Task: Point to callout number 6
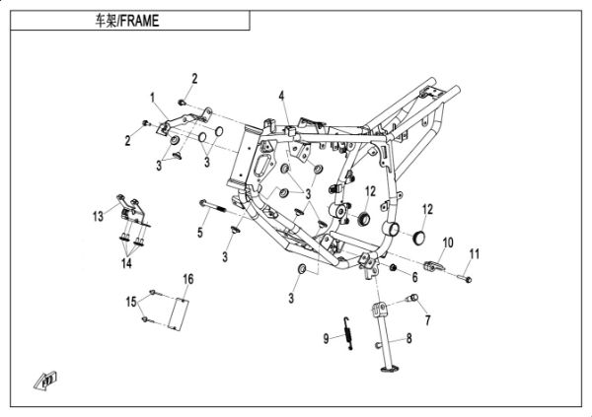[414, 279]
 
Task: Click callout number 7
[427, 320]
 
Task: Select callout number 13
[99, 215]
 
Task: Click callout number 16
[188, 281]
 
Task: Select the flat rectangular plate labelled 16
[177, 313]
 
